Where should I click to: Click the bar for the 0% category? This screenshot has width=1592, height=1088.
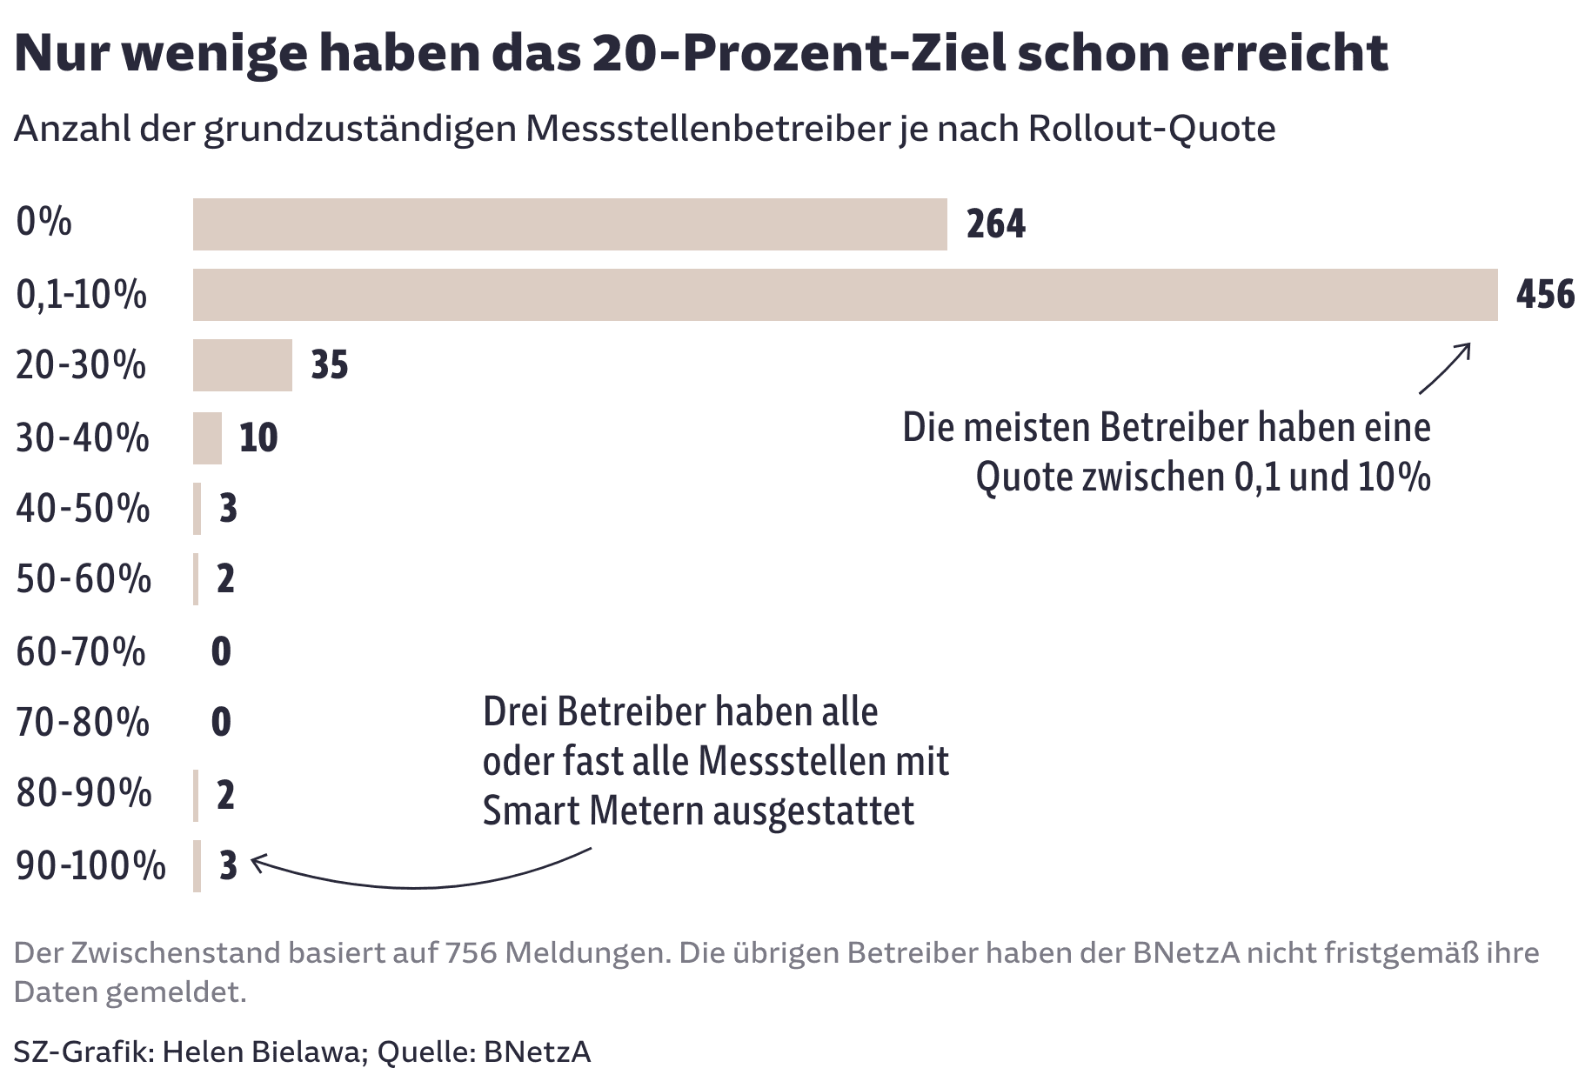570,224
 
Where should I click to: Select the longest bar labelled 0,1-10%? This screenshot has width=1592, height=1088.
844,295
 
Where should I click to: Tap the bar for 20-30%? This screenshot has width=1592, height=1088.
243,365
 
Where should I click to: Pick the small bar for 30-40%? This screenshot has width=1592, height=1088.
207,437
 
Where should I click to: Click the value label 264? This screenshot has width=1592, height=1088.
996,224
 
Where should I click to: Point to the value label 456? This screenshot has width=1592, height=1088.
1545,295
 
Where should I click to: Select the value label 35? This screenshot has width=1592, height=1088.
330,365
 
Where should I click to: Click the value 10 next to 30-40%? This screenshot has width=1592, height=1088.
258,437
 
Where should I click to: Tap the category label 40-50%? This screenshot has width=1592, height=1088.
83,509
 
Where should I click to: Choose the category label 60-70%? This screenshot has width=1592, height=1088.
81,651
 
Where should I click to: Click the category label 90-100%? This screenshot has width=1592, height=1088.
90,866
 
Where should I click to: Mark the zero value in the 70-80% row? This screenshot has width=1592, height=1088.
221,723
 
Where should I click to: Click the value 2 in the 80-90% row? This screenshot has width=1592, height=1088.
225,795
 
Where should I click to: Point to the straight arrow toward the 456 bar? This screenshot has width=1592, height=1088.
1445,369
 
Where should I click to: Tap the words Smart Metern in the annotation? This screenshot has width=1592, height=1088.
592,811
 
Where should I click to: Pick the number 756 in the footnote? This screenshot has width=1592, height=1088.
471,953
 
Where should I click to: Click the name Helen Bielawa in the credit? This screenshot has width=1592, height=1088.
260,1052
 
